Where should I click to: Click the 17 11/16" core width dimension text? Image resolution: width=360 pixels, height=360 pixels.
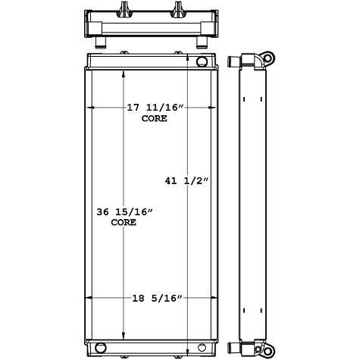click(x=155, y=108)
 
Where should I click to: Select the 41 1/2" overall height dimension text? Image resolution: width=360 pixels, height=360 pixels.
click(x=186, y=180)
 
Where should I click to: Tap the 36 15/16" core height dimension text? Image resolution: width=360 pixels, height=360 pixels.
click(x=124, y=212)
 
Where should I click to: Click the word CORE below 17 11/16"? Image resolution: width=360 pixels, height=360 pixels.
click(x=155, y=119)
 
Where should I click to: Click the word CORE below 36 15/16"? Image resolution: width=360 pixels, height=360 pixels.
click(x=124, y=223)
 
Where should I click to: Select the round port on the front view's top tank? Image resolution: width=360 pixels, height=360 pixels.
click(x=202, y=61)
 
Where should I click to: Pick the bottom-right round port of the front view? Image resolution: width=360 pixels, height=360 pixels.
click(x=202, y=348)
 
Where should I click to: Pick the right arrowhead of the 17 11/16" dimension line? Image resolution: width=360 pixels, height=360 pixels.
click(x=214, y=108)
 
